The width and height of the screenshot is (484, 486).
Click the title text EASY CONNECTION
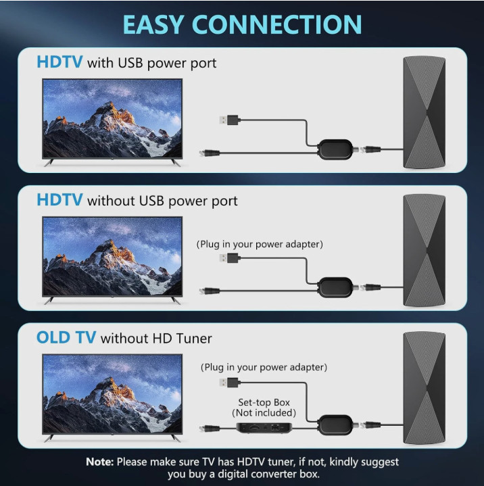(x=242, y=24)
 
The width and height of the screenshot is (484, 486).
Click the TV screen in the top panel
(x=112, y=118)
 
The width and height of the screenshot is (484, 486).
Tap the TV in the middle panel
(x=112, y=256)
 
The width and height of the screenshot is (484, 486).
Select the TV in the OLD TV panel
(x=112, y=393)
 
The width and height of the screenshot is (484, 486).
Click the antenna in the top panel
(x=424, y=112)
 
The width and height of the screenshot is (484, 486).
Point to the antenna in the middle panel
(x=424, y=249)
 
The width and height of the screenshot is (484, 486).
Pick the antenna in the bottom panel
(x=424, y=388)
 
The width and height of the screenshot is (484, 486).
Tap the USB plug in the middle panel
(x=230, y=258)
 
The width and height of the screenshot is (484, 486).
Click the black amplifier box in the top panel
(x=335, y=149)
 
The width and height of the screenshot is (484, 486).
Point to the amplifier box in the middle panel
(x=335, y=287)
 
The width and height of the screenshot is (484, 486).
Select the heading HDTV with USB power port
(x=126, y=64)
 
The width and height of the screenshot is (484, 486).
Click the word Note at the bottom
(x=99, y=462)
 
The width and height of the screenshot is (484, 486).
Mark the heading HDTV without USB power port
(x=137, y=201)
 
